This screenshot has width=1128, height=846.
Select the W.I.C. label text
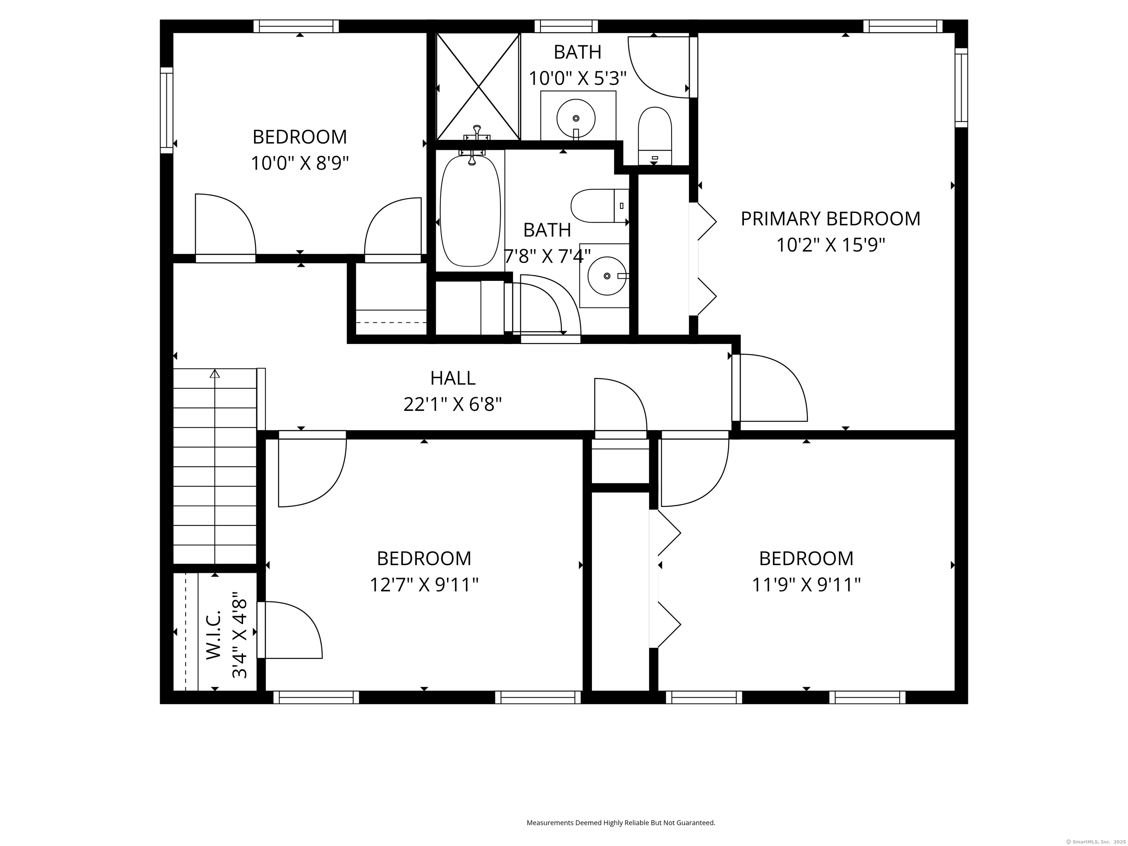(x=214, y=635)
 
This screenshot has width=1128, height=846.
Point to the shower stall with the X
(x=478, y=86)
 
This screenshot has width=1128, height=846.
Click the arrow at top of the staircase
(x=215, y=374)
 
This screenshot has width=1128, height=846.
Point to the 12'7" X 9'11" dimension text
(x=424, y=585)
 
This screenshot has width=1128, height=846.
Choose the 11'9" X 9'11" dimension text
(x=806, y=585)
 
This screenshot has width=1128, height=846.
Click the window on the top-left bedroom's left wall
(x=167, y=110)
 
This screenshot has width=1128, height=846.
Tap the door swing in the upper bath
(x=658, y=66)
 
